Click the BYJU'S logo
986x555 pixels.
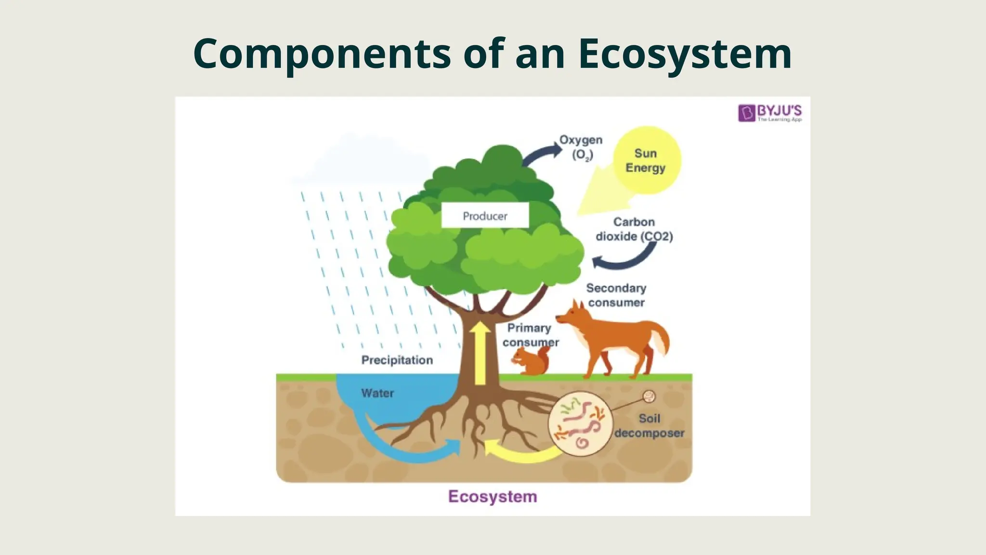(x=769, y=113)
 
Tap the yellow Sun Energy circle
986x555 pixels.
(x=647, y=160)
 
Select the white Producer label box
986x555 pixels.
(x=485, y=215)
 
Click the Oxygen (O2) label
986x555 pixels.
(x=581, y=147)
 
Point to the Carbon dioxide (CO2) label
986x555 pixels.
(x=634, y=229)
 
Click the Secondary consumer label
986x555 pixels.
(x=616, y=295)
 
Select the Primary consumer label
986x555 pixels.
(x=530, y=335)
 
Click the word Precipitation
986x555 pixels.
(x=397, y=360)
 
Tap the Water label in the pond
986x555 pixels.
(x=377, y=393)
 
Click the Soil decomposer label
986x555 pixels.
(x=649, y=426)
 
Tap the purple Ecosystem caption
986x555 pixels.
(x=493, y=496)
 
